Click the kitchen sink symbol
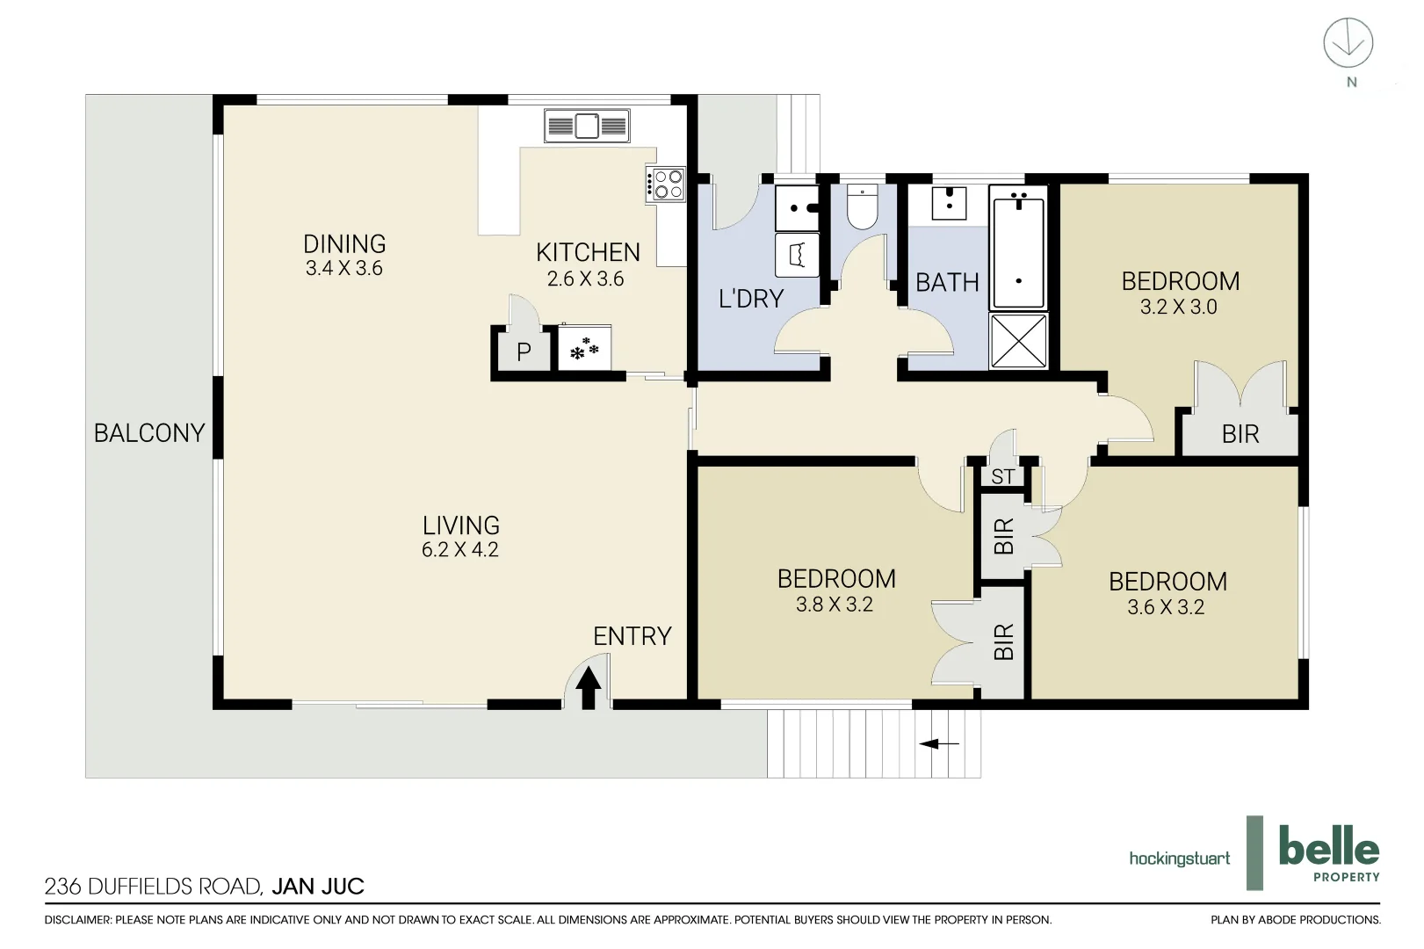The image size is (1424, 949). coord(587,126)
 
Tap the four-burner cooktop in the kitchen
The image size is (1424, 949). coord(666,185)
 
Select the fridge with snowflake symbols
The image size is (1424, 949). coord(584,347)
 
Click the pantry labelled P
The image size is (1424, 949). coord(524,351)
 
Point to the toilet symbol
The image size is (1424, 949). coord(863,206)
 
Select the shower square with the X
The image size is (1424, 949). coord(1018,340)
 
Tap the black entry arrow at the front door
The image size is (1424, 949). coord(588,687)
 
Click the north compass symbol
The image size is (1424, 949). coord(1348,42)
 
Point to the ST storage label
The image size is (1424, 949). coord(1003,476)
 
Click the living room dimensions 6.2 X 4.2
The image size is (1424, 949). coord(460,549)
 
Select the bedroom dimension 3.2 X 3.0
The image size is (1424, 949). coord(1178,307)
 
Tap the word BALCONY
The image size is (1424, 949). coord(149,433)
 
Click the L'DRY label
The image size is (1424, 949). coord(751,298)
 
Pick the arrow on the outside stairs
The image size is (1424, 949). coord(939,743)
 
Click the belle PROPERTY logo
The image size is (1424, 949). coord(1329,852)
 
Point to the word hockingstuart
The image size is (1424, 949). coord(1179,858)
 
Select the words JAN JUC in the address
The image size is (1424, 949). coord(318,886)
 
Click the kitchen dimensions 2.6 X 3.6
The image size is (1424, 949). coord(585,279)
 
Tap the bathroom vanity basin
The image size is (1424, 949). coord(949,202)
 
